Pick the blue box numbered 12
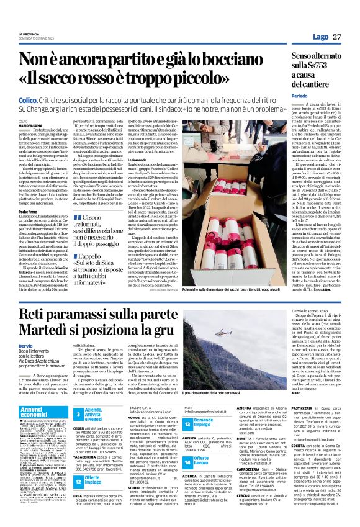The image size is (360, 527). coord(78,463)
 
